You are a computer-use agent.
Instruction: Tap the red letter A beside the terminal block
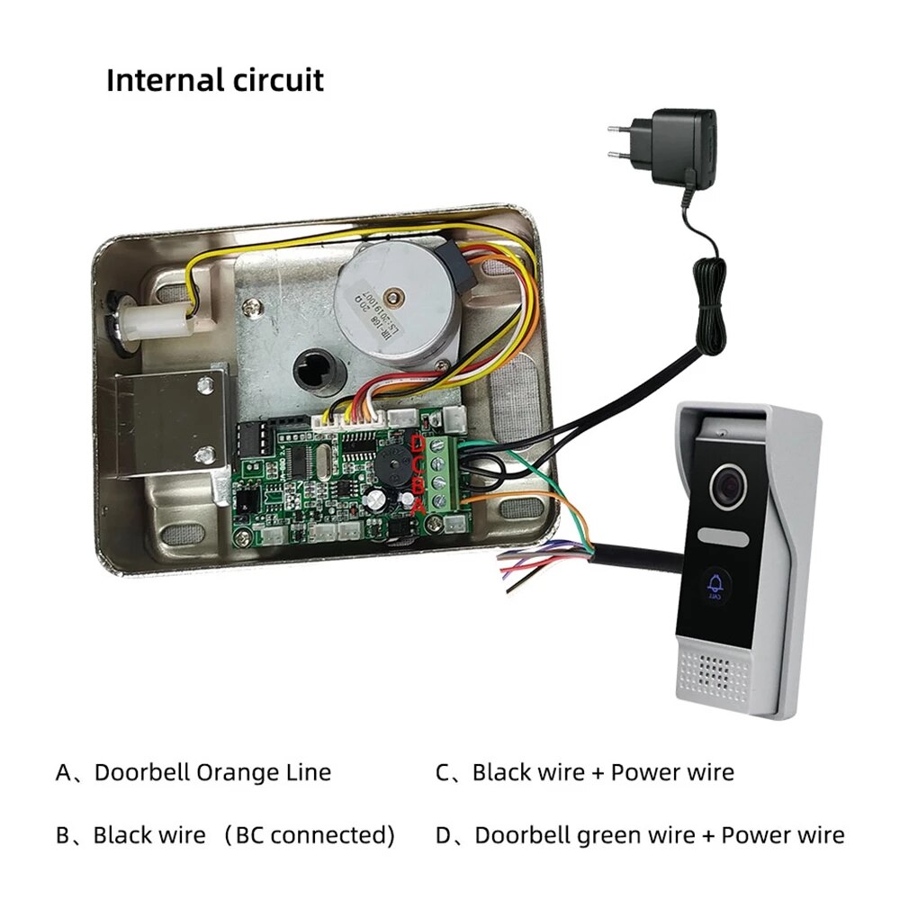[x=418, y=507]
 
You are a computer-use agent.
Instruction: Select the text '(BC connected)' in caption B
[x=310, y=835]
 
